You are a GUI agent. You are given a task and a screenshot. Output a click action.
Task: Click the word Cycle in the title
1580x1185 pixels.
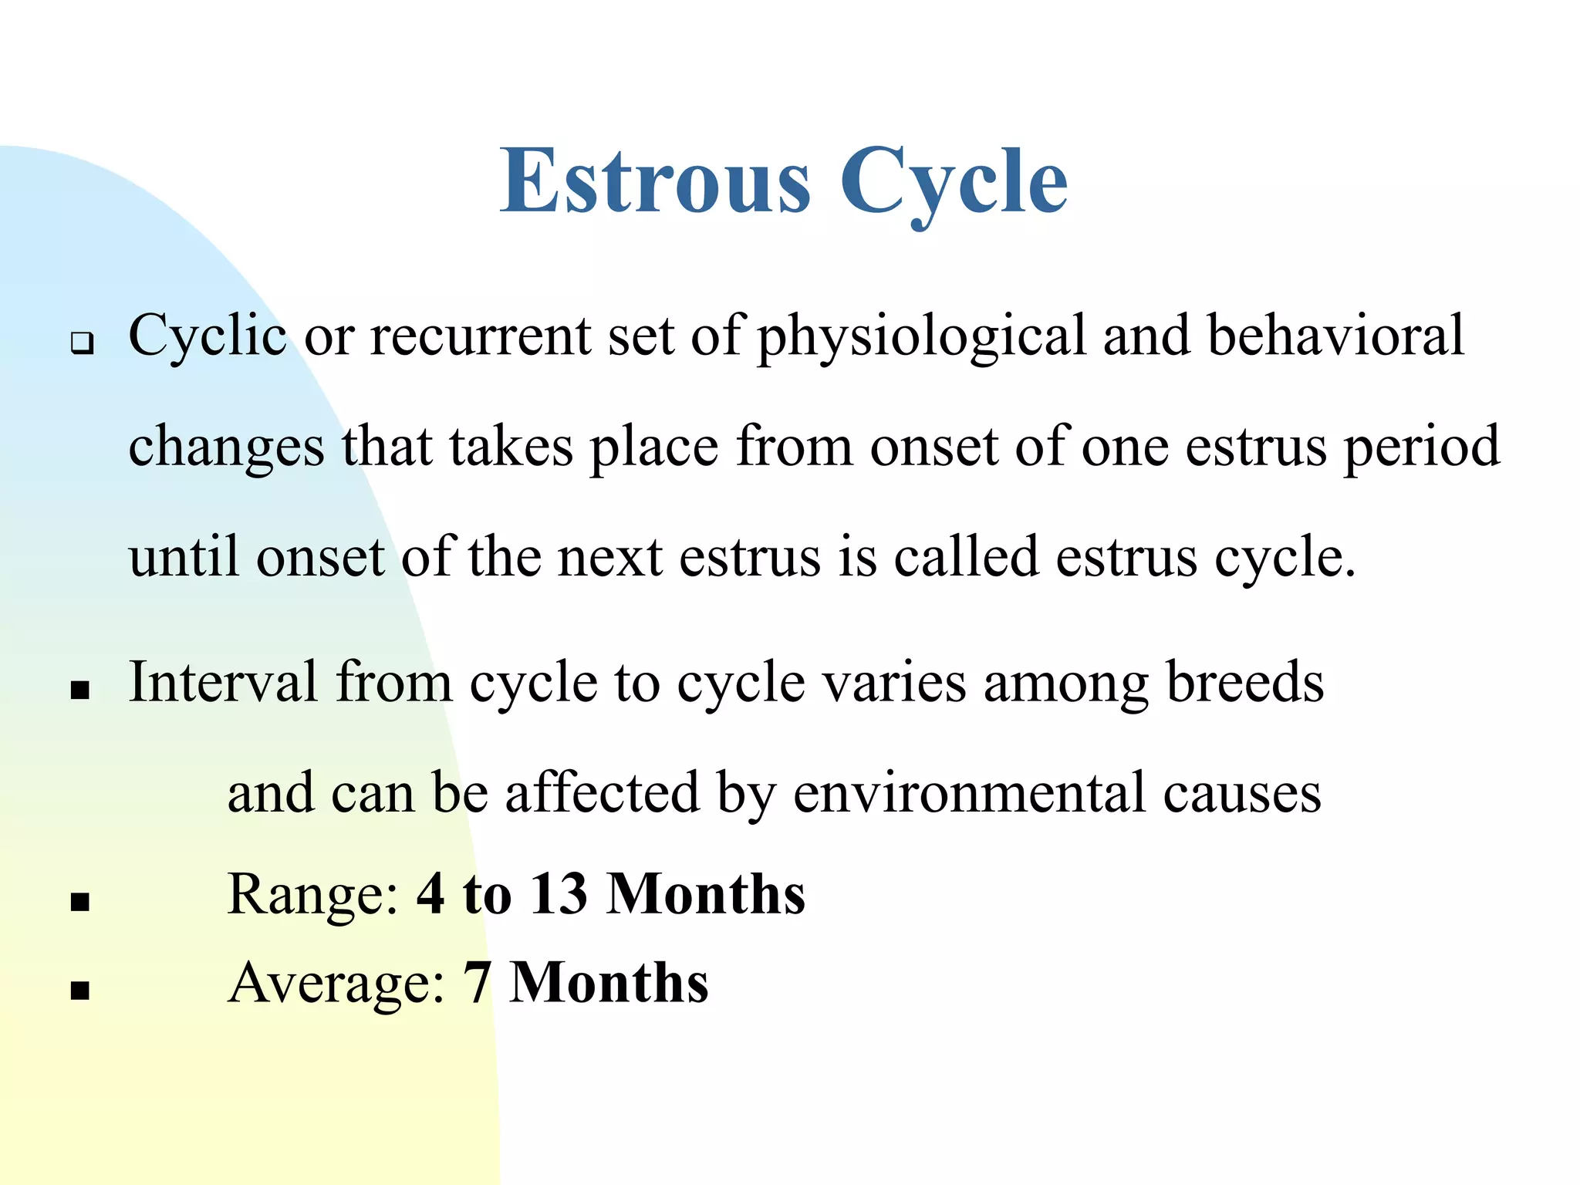[x=954, y=184]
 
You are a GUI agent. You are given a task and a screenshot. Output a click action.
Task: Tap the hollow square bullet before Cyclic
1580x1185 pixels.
[x=81, y=342]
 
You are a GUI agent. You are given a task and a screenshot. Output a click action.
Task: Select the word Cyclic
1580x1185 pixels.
[x=207, y=337]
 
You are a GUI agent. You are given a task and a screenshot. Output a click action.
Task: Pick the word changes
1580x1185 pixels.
[x=226, y=448]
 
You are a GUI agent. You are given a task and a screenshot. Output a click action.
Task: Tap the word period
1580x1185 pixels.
[x=1422, y=448]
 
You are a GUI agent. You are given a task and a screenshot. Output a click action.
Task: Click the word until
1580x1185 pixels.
[x=184, y=557]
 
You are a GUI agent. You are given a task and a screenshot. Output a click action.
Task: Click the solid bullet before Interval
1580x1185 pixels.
[x=80, y=690]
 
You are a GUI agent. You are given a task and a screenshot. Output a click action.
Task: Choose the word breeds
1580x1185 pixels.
[x=1244, y=682]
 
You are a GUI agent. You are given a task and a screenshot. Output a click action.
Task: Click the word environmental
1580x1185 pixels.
[x=970, y=793]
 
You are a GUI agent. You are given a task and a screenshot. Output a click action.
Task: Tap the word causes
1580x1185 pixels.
[x=1242, y=795]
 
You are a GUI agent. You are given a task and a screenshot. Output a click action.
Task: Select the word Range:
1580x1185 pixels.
[x=313, y=895]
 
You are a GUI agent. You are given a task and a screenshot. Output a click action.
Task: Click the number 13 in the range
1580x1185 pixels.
[x=559, y=895]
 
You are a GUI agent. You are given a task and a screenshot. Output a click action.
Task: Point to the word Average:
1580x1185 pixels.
[x=336, y=984]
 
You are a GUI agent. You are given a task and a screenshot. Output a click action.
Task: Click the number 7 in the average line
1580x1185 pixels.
[x=477, y=984]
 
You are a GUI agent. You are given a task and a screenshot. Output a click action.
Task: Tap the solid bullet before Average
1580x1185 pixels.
[x=80, y=990]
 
